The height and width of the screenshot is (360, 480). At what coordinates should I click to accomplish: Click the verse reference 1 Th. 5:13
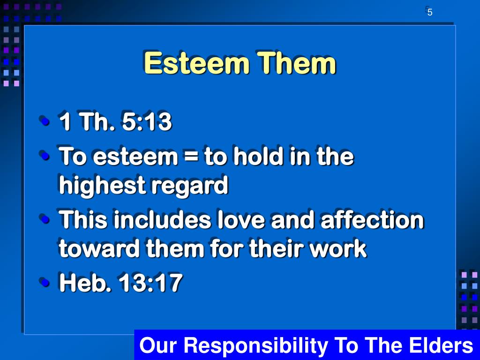(x=115, y=122)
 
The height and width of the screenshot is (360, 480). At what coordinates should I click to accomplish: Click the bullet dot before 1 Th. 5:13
(x=45, y=121)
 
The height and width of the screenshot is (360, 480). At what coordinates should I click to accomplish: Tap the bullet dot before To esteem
(x=45, y=155)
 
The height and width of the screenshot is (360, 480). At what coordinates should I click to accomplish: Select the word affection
(x=372, y=220)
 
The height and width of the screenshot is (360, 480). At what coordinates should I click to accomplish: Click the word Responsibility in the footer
(x=256, y=346)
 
